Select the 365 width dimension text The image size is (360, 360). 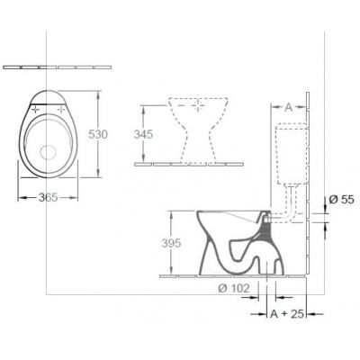click(x=43, y=198)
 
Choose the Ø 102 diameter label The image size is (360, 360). click(x=234, y=288)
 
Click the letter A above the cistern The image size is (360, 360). click(x=288, y=107)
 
